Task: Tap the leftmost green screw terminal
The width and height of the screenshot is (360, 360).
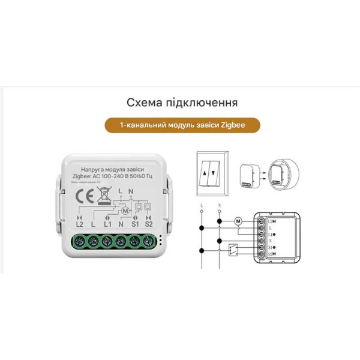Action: tap(79, 241)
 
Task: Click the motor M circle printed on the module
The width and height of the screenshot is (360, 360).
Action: tap(125, 210)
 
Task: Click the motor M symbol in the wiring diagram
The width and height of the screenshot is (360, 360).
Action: tap(238, 220)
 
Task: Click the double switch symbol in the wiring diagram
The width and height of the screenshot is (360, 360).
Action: tap(232, 247)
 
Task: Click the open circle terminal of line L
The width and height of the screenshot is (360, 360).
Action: tap(200, 206)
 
